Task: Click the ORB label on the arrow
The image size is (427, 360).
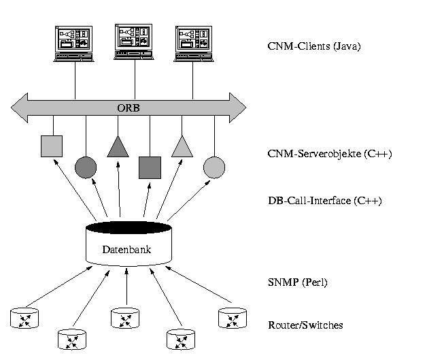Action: tap(129, 108)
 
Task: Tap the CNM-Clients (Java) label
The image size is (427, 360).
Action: tap(314, 46)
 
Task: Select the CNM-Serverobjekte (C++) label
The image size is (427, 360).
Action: tap(330, 154)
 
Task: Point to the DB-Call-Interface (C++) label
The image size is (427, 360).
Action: tap(324, 201)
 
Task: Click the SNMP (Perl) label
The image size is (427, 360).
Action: tap(297, 282)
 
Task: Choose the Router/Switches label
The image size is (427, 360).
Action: tap(305, 325)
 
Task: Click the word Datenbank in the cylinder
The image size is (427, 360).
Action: tap(126, 249)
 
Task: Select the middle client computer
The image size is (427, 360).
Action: tap(134, 42)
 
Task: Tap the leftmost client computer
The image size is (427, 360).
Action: tap(73, 44)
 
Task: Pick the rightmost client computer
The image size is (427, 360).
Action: tap(194, 44)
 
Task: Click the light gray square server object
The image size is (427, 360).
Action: tap(52, 146)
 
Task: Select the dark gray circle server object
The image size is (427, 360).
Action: tap(86, 167)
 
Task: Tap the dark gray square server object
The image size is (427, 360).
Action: tap(150, 167)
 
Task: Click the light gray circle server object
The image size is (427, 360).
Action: tap(214, 167)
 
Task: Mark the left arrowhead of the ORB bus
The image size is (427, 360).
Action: tap(20, 108)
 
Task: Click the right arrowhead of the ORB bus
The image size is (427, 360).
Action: tap(237, 108)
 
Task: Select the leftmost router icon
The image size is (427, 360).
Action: tap(24, 318)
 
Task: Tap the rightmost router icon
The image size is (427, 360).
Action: tap(233, 318)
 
